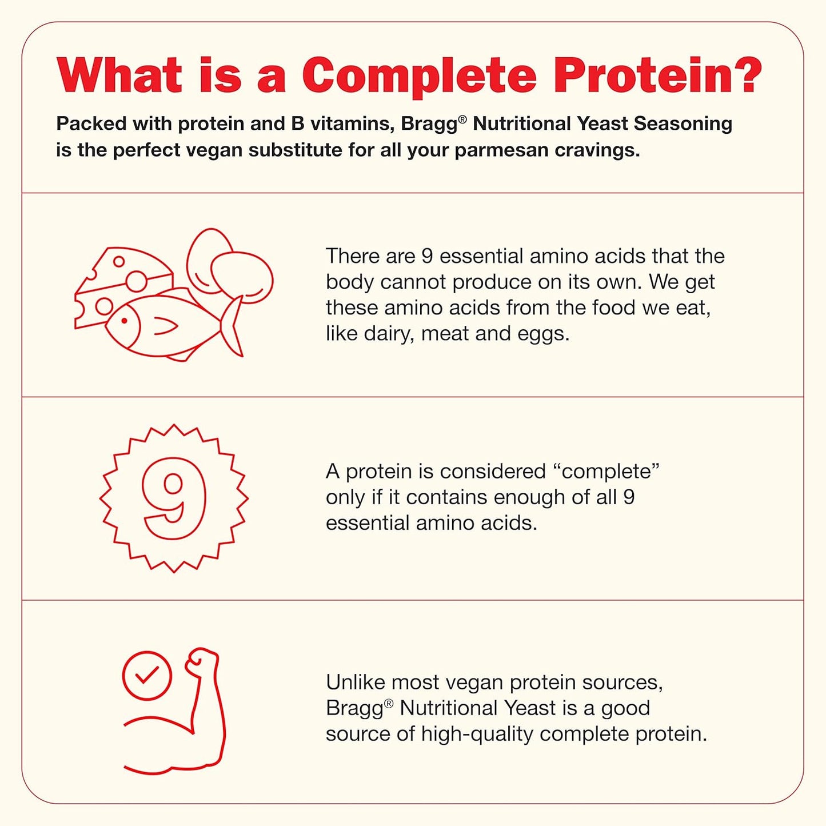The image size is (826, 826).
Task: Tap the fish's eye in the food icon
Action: tap(124, 321)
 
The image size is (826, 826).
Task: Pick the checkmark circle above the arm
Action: tap(147, 676)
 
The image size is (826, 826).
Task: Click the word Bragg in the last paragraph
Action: tap(354, 709)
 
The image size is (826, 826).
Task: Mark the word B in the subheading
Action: tap(297, 124)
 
